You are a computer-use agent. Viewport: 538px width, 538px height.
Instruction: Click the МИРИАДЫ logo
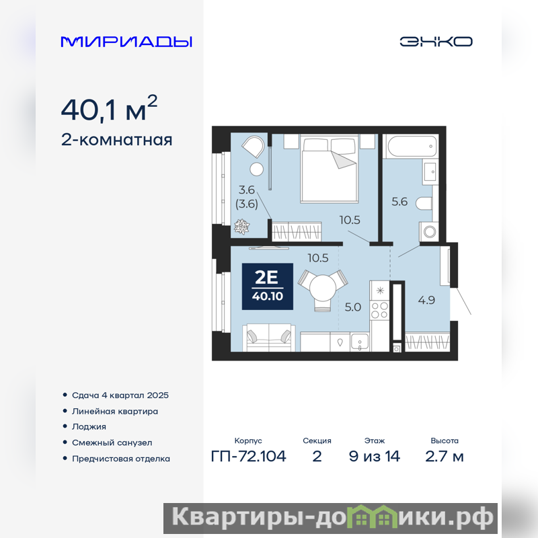[126, 42]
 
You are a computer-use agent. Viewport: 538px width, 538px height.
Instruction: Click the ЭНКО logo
[436, 42]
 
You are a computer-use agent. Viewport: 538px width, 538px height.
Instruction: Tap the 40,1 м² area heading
[109, 108]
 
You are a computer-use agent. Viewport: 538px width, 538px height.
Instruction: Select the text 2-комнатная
[116, 140]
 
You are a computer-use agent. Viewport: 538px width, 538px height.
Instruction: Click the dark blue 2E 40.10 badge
[268, 286]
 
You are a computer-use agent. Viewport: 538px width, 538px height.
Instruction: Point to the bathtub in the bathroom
[411, 147]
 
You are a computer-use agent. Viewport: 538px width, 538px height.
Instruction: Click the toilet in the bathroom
[424, 204]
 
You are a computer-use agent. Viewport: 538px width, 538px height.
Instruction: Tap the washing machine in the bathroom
[429, 231]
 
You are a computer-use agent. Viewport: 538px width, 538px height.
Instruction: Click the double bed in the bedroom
[330, 169]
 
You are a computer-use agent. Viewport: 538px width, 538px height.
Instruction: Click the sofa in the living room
[269, 338]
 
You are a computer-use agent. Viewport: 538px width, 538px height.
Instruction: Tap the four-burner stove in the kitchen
[380, 310]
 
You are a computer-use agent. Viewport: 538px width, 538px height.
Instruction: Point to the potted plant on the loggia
[241, 227]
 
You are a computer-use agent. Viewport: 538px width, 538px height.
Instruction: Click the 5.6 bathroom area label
[399, 202]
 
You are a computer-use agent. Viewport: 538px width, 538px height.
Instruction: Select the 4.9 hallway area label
[426, 300]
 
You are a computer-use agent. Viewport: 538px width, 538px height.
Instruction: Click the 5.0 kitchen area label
[352, 307]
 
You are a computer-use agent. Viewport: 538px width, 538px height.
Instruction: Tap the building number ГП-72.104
[248, 457]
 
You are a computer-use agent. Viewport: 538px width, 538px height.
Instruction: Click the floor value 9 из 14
[375, 457]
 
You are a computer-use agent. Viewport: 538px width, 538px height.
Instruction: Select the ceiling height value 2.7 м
[445, 457]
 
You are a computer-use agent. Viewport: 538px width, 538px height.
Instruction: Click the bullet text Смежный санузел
[112, 443]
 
